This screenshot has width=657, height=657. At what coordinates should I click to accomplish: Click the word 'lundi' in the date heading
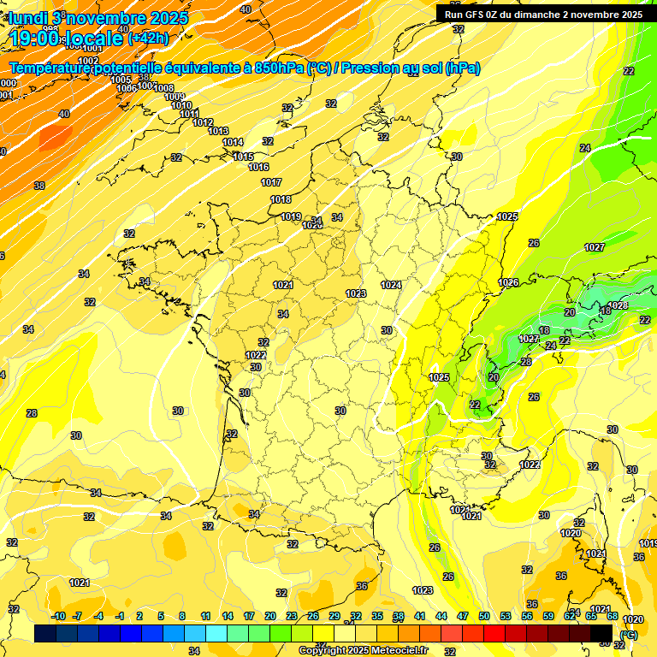click(x=27, y=17)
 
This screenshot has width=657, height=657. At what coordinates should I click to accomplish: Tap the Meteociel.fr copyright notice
click(x=363, y=650)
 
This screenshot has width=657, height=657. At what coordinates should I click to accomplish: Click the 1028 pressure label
click(x=618, y=305)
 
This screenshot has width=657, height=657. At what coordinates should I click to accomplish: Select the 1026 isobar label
click(x=509, y=282)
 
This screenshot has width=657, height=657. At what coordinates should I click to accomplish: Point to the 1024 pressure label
click(x=392, y=285)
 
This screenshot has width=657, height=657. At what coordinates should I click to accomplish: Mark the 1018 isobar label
click(x=281, y=199)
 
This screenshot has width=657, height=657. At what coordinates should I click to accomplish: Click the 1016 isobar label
click(x=259, y=167)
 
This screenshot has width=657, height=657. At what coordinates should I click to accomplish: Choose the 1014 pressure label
click(x=233, y=142)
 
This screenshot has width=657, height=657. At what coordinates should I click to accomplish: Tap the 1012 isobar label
click(x=203, y=122)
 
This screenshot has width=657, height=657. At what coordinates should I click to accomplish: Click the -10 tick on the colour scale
click(x=58, y=616)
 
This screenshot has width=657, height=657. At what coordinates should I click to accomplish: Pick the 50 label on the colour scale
click(x=484, y=616)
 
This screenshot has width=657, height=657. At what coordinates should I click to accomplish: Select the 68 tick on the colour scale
click(x=613, y=616)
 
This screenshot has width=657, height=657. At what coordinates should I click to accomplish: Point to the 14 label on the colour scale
click(x=228, y=616)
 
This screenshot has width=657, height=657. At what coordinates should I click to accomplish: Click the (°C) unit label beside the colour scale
click(x=629, y=635)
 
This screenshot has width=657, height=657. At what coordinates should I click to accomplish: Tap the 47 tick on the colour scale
click(x=463, y=616)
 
